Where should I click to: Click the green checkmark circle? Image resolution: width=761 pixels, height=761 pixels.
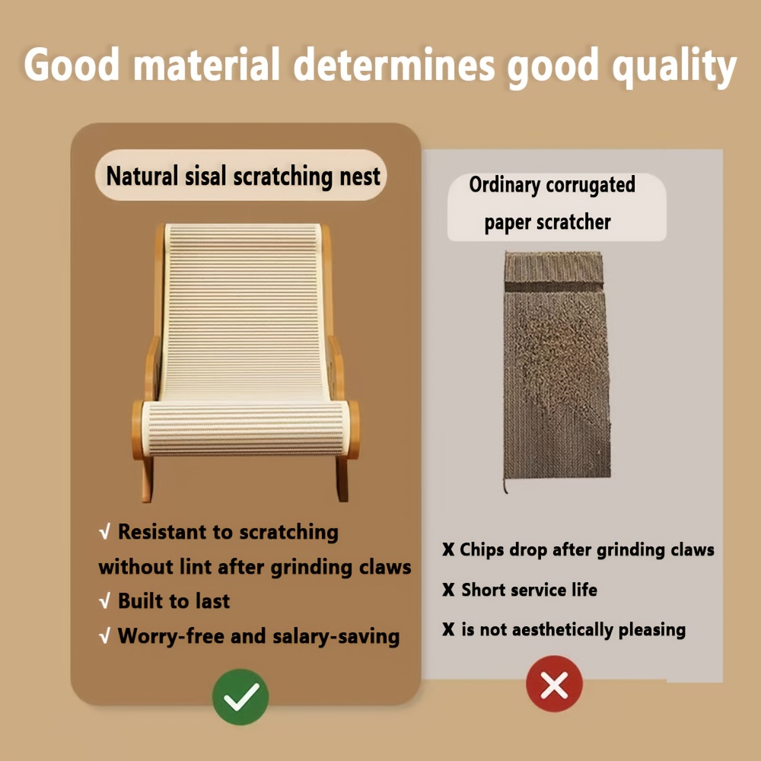pyautogui.click(x=240, y=696)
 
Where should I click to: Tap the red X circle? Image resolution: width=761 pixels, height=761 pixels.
pyautogui.click(x=554, y=684)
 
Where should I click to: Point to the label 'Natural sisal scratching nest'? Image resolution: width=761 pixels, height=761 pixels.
pyautogui.click(x=243, y=176)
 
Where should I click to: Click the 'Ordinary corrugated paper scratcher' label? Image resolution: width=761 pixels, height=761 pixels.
pyautogui.click(x=552, y=203)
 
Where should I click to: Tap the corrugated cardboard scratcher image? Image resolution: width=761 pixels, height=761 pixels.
pyautogui.click(x=556, y=365)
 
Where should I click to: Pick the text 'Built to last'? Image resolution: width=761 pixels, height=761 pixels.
pyautogui.click(x=174, y=601)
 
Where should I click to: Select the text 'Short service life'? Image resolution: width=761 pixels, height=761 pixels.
pyautogui.click(x=529, y=590)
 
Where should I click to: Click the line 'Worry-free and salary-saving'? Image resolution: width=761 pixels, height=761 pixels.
pyautogui.click(x=258, y=635)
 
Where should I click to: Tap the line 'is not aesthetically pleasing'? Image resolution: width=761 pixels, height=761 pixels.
pyautogui.click(x=573, y=630)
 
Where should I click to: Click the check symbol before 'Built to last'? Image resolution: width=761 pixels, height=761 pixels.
pyautogui.click(x=105, y=601)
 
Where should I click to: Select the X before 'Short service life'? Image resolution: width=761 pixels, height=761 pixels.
pyautogui.click(x=448, y=590)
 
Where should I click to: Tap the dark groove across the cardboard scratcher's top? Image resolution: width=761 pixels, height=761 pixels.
pyautogui.click(x=554, y=287)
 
